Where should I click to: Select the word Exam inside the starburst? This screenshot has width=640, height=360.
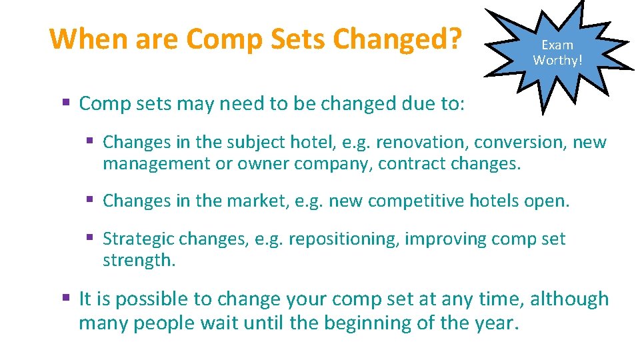click(557, 45)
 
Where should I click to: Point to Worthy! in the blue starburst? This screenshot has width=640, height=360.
click(557, 60)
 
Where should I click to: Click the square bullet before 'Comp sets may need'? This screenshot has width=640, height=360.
click(66, 104)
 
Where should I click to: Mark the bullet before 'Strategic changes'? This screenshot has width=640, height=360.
click(90, 239)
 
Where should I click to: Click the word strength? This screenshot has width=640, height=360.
click(138, 260)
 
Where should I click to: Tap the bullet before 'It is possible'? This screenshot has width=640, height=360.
click(66, 299)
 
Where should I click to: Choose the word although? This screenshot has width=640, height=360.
click(569, 299)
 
